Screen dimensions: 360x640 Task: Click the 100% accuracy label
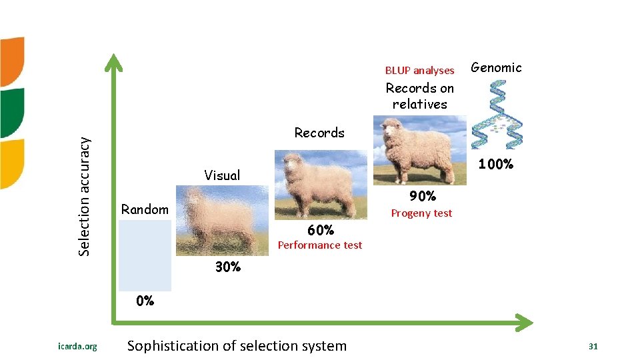[x=495, y=164]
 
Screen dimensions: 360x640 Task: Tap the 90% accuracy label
[x=423, y=196]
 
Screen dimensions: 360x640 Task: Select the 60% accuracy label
[x=320, y=230]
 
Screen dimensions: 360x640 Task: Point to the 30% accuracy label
[x=228, y=267]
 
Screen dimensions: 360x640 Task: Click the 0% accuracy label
[x=145, y=301]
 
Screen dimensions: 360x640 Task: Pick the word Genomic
[x=496, y=67]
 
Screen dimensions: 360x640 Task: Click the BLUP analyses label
[x=419, y=70]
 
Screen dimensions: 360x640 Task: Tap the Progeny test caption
[x=421, y=213]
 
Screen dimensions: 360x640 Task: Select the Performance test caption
[x=320, y=245]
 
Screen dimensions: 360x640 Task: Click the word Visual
[x=222, y=175]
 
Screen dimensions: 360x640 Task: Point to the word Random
[x=145, y=209]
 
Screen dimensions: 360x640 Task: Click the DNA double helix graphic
[x=497, y=114]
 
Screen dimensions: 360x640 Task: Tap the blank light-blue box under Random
[x=145, y=255]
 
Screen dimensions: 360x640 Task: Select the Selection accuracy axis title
[x=84, y=196]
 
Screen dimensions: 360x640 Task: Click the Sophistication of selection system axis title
[x=237, y=346]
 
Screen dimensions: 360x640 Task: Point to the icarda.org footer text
[x=77, y=347]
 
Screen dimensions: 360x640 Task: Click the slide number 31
[x=593, y=347]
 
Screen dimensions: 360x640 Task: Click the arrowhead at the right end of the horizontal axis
[x=525, y=323]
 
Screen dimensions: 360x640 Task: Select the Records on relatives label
[x=419, y=96]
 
